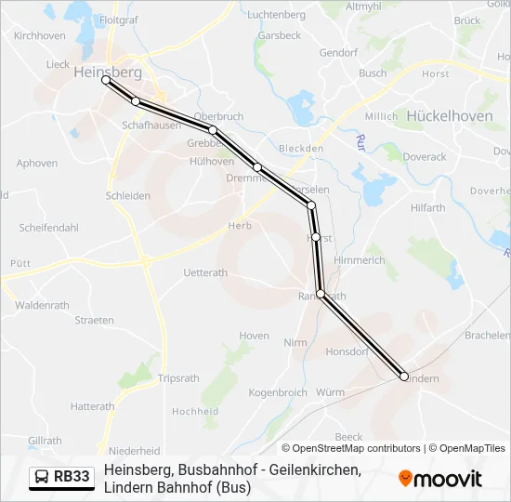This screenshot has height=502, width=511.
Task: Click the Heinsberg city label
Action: [107, 71]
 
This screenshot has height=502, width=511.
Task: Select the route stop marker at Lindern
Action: [404, 376]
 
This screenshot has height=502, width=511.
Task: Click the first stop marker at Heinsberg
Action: [106, 81]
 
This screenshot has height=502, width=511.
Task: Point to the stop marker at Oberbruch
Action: [213, 130]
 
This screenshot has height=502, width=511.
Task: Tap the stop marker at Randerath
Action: [321, 294]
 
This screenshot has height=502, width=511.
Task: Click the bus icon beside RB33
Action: [42, 478]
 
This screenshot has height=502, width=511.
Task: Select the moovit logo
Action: [440, 479]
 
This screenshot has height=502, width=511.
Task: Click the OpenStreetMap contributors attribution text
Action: [351, 448]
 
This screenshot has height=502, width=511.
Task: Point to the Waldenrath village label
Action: [42, 305]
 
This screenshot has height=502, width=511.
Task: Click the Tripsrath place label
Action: [178, 378]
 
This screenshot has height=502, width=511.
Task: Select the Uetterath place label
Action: [205, 272]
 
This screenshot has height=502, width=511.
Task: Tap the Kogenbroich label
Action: [278, 393]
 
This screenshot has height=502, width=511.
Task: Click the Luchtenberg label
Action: [277, 15]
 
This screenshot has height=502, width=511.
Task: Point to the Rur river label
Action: [360, 142]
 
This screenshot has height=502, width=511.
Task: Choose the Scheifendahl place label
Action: [48, 228]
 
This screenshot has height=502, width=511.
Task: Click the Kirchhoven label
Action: [39, 35]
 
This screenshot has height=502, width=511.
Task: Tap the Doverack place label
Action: [425, 157]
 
